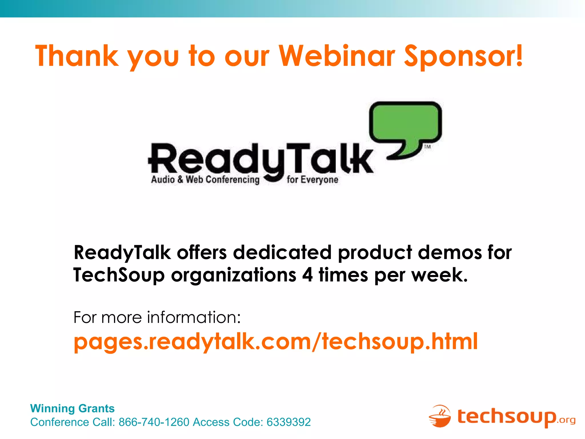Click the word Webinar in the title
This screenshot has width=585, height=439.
coord(337,56)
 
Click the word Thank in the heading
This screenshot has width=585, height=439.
coord(77,56)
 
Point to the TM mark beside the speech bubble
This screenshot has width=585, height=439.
coord(427,147)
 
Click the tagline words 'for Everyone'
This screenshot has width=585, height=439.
coord(312,180)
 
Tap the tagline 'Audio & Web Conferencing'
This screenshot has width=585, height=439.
coord(205,180)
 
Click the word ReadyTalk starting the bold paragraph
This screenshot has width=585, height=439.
coord(122,253)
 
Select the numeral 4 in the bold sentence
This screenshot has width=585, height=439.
coord(307,275)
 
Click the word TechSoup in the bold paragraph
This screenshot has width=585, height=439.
coord(119,275)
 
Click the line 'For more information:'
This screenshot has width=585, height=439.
coord(157,317)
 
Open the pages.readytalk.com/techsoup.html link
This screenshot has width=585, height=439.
coord(275,341)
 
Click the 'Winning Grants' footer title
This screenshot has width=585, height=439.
coord(72,408)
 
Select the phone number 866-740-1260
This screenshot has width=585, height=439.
coord(154,422)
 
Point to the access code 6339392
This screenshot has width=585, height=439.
coord(289,422)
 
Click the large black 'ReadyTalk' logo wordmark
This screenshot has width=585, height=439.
coord(260,159)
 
